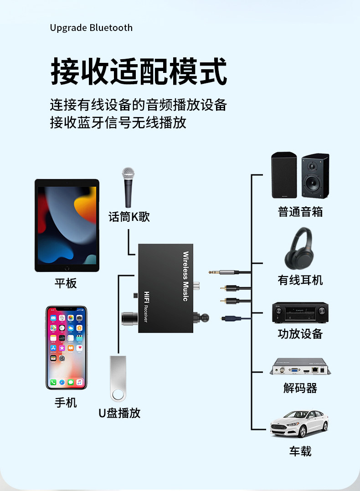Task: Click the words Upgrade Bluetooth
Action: [91, 28]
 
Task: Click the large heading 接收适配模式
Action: [139, 71]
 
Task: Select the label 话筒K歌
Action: [129, 217]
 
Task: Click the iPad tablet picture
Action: [67, 225]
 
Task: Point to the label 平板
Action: [66, 283]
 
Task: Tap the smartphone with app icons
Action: [66, 348]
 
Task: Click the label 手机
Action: [66, 403]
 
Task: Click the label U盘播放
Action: [119, 413]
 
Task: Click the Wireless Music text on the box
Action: [185, 276]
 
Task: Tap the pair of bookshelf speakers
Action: [300, 175]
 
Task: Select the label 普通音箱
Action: [300, 212]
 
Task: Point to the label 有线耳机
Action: [300, 280]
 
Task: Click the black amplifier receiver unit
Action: [300, 312]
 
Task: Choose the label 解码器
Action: [300, 388]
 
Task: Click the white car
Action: [299, 423]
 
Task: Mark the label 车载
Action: [300, 451]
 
